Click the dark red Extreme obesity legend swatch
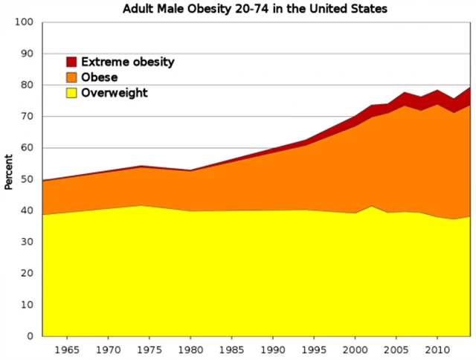click(x=72, y=62)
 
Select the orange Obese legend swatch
click(x=72, y=77)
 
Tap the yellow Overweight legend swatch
click(x=72, y=93)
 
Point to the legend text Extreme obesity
click(x=127, y=62)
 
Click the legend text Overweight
click(x=115, y=93)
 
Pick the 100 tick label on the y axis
click(x=25, y=22)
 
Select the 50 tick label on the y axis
click(x=28, y=179)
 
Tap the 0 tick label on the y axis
click(x=30, y=336)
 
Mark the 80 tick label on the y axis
click(x=28, y=85)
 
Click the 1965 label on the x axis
click(x=68, y=348)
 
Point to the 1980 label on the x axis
click(x=190, y=348)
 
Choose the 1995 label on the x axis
click(x=314, y=348)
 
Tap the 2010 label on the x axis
click(x=437, y=348)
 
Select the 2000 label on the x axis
click(x=355, y=348)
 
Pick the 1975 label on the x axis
click(x=149, y=348)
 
